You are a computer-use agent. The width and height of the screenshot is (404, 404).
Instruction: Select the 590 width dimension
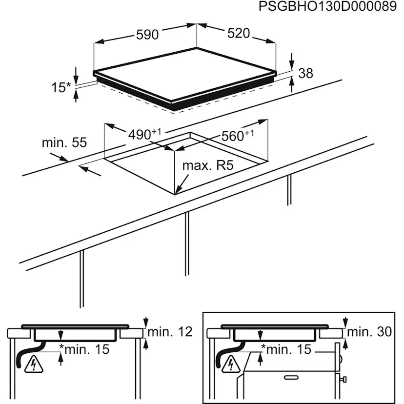click(x=147, y=35)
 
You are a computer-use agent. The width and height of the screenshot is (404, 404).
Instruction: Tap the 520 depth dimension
click(x=239, y=33)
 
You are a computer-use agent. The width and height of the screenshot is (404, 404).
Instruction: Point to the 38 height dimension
click(x=305, y=73)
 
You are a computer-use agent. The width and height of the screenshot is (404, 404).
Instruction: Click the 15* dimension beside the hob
click(x=61, y=87)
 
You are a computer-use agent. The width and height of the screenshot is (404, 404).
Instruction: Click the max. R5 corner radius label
click(x=208, y=165)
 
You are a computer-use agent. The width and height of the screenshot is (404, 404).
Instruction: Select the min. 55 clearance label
click(x=64, y=143)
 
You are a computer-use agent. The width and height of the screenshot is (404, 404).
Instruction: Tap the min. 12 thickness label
click(x=170, y=332)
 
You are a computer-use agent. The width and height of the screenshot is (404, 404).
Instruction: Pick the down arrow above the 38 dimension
click(x=291, y=62)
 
